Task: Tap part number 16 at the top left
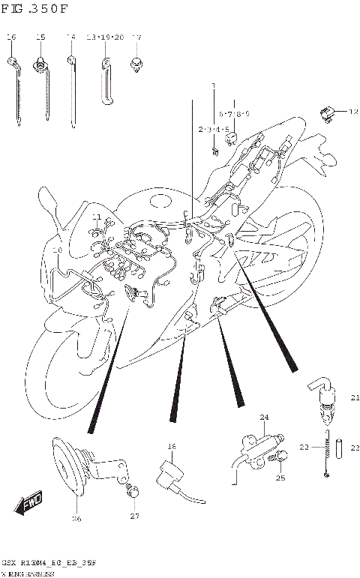11,37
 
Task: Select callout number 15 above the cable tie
40,37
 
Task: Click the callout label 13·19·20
104,37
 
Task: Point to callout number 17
136,37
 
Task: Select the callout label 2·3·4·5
213,129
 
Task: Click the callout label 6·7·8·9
233,114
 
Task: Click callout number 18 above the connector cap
171,448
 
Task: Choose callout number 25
280,478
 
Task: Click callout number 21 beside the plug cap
355,397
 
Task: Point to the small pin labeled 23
339,448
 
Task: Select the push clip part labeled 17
136,61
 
